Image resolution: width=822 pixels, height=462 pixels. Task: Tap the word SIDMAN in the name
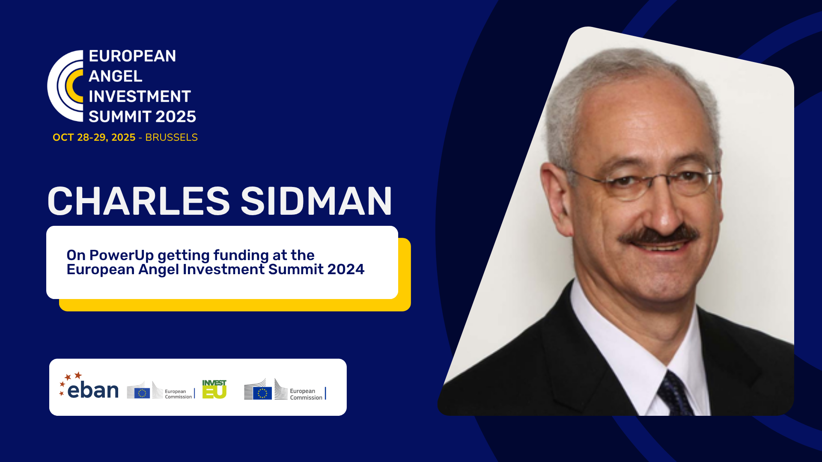click(316, 201)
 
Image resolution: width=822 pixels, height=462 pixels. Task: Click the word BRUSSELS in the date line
click(171, 137)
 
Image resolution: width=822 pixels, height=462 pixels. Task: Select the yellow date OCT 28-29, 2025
click(94, 137)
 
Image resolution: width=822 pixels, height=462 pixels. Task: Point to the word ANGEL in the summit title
click(115, 76)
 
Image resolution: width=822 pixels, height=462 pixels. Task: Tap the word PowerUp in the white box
click(122, 255)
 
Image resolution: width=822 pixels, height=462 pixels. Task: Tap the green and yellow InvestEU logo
click(214, 389)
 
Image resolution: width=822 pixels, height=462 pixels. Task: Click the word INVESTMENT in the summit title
click(140, 96)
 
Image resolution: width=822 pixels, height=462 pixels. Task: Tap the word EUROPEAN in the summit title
click(132, 56)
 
